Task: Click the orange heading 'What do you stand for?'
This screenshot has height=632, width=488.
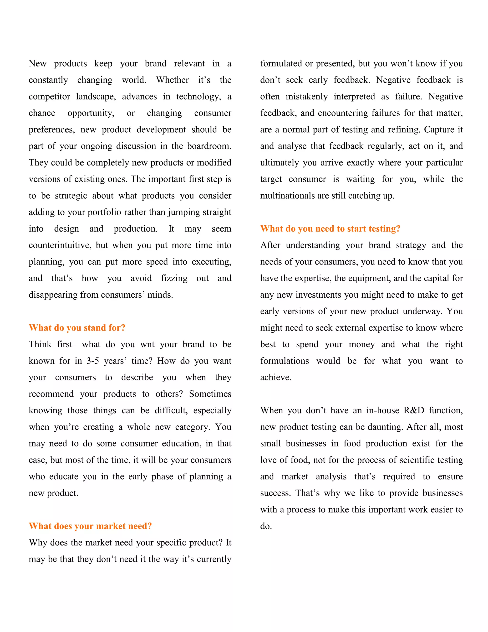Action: point(77,328)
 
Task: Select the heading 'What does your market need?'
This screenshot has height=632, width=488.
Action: point(90,526)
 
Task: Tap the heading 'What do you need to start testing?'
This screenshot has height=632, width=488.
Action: point(330,229)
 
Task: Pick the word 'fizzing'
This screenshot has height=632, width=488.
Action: point(174,278)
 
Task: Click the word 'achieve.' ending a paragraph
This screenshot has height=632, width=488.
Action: point(275,377)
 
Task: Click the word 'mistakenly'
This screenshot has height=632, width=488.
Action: point(306,97)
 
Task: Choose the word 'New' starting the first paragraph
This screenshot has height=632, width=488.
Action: point(38,63)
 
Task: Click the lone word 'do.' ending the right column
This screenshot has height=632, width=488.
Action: point(266,526)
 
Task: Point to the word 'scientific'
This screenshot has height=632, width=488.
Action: point(416,460)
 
